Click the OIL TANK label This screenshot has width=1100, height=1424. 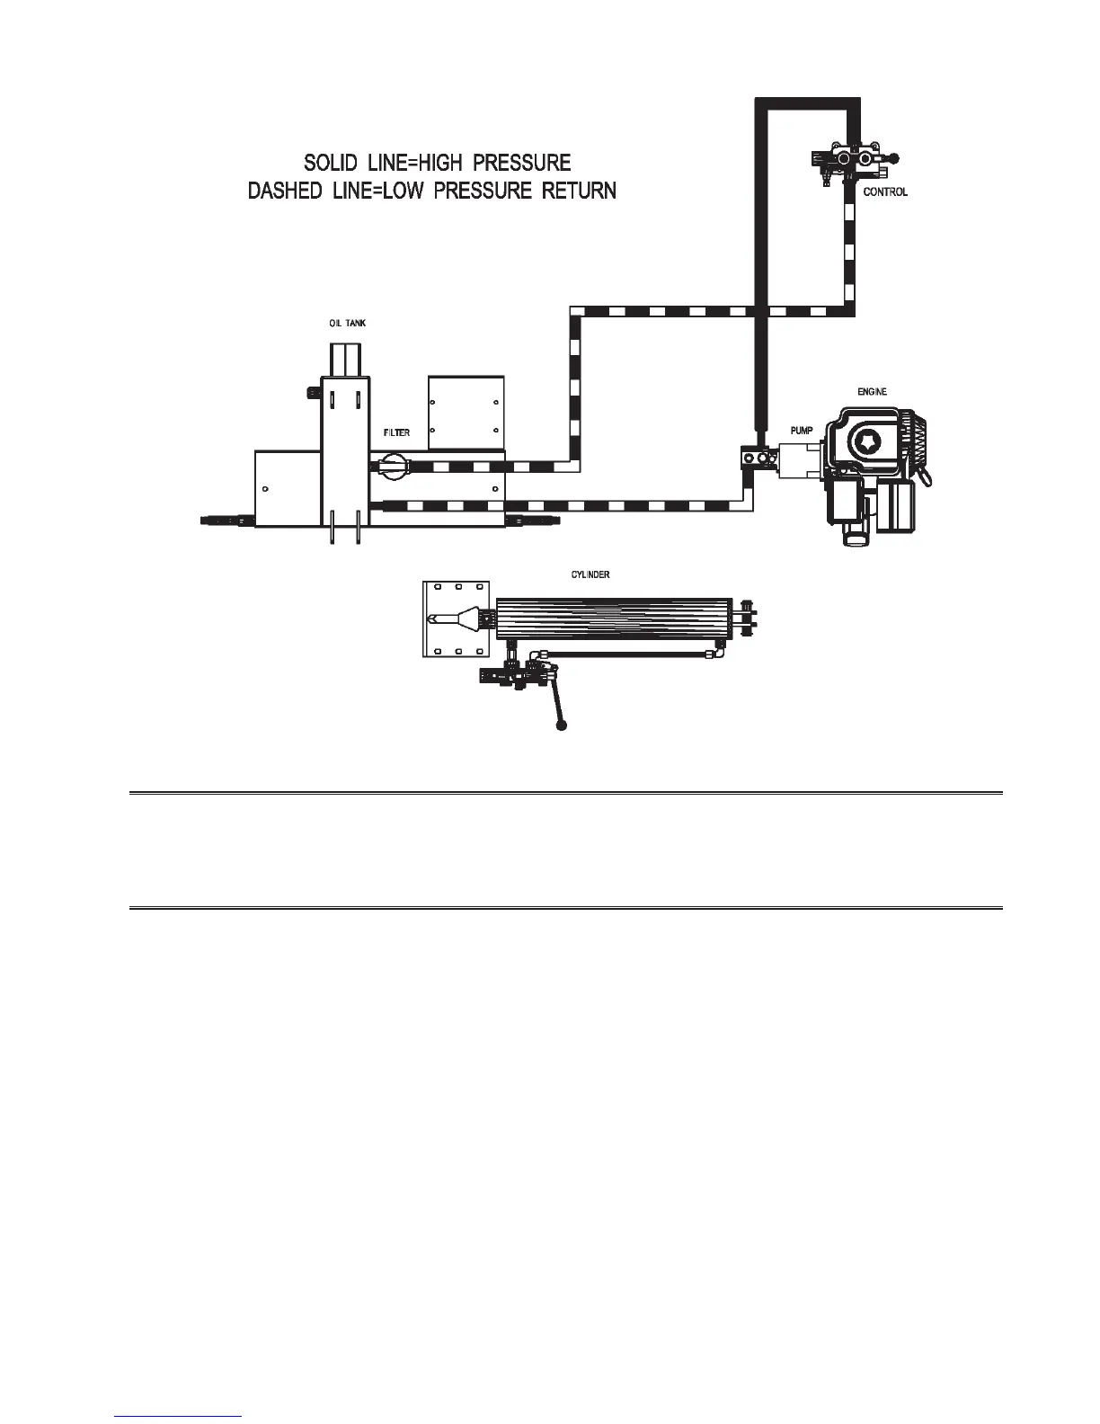347,324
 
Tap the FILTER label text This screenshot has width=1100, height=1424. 396,433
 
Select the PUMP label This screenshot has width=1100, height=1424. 802,432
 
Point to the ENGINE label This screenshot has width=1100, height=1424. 872,392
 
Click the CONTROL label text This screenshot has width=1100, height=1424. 885,192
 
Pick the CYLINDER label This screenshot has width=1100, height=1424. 590,575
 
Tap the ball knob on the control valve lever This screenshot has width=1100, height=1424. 893,157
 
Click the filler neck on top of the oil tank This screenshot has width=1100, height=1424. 345,360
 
